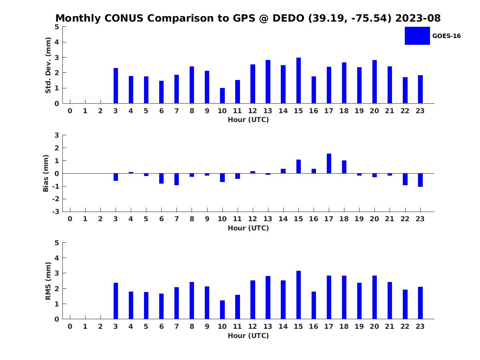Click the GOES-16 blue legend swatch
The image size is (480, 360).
click(x=417, y=36)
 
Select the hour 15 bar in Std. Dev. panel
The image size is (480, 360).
click(x=298, y=80)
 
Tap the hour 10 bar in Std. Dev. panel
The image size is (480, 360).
click(x=222, y=96)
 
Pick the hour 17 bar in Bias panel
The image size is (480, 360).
click(x=329, y=164)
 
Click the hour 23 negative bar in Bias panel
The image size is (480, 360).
click(x=420, y=180)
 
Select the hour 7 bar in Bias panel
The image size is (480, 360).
click(x=176, y=179)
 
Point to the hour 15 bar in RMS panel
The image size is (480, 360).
click(x=298, y=295)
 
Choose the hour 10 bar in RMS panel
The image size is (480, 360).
click(x=222, y=310)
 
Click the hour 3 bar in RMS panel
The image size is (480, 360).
click(x=116, y=301)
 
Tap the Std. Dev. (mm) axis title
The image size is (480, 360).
click(x=48, y=65)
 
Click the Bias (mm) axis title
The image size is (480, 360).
click(x=46, y=173)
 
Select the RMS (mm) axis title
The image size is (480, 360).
click(x=48, y=281)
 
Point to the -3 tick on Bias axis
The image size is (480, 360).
click(x=56, y=212)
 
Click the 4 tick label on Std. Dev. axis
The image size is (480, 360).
click(x=57, y=42)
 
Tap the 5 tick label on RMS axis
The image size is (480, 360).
click(x=57, y=243)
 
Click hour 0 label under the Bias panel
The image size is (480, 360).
click(x=70, y=219)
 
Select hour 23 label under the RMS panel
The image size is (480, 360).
click(x=420, y=326)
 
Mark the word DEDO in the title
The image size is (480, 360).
click(x=288, y=18)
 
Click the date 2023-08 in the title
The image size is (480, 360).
click(x=418, y=18)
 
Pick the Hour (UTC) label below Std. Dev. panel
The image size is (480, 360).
click(x=248, y=120)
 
